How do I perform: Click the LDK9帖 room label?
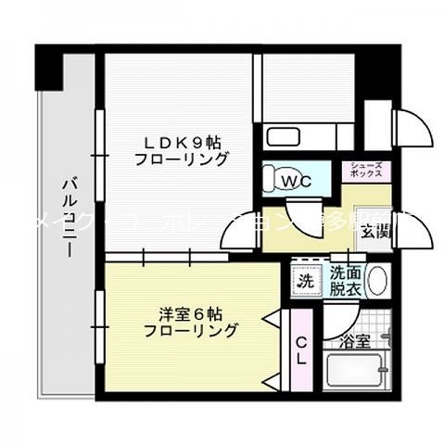pyautogui.click(x=182, y=142)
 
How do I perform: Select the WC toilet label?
pyautogui.click(x=296, y=180)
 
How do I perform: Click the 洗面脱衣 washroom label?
pyautogui.click(x=346, y=280)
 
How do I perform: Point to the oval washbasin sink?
pyautogui.click(x=378, y=280)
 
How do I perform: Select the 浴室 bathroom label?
pyautogui.click(x=356, y=340)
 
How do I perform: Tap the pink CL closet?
pyautogui.click(x=302, y=353)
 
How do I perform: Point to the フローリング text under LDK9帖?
pyautogui.click(x=182, y=159)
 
